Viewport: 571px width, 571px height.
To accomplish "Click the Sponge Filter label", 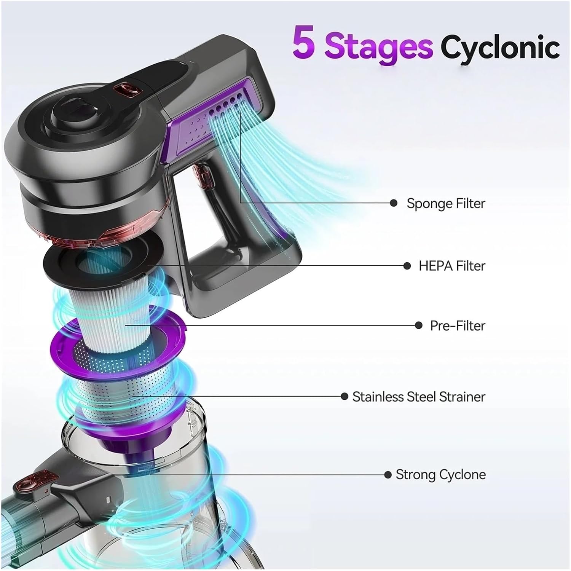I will (x=446, y=203).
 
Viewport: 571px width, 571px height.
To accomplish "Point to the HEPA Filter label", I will (x=452, y=266).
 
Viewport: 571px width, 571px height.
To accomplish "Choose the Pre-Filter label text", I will (x=458, y=325).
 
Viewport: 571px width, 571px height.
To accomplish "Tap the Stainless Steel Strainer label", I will (x=419, y=397).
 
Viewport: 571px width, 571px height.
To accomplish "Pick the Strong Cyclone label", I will (x=440, y=475).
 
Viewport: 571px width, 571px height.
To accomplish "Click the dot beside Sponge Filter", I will (x=394, y=203).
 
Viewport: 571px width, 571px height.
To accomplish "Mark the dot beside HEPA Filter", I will (x=407, y=266).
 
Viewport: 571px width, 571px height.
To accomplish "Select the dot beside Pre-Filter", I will (x=418, y=325).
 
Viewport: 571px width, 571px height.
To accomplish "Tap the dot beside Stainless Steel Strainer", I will (x=345, y=397).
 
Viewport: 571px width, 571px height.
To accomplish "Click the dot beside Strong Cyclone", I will (x=388, y=475).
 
